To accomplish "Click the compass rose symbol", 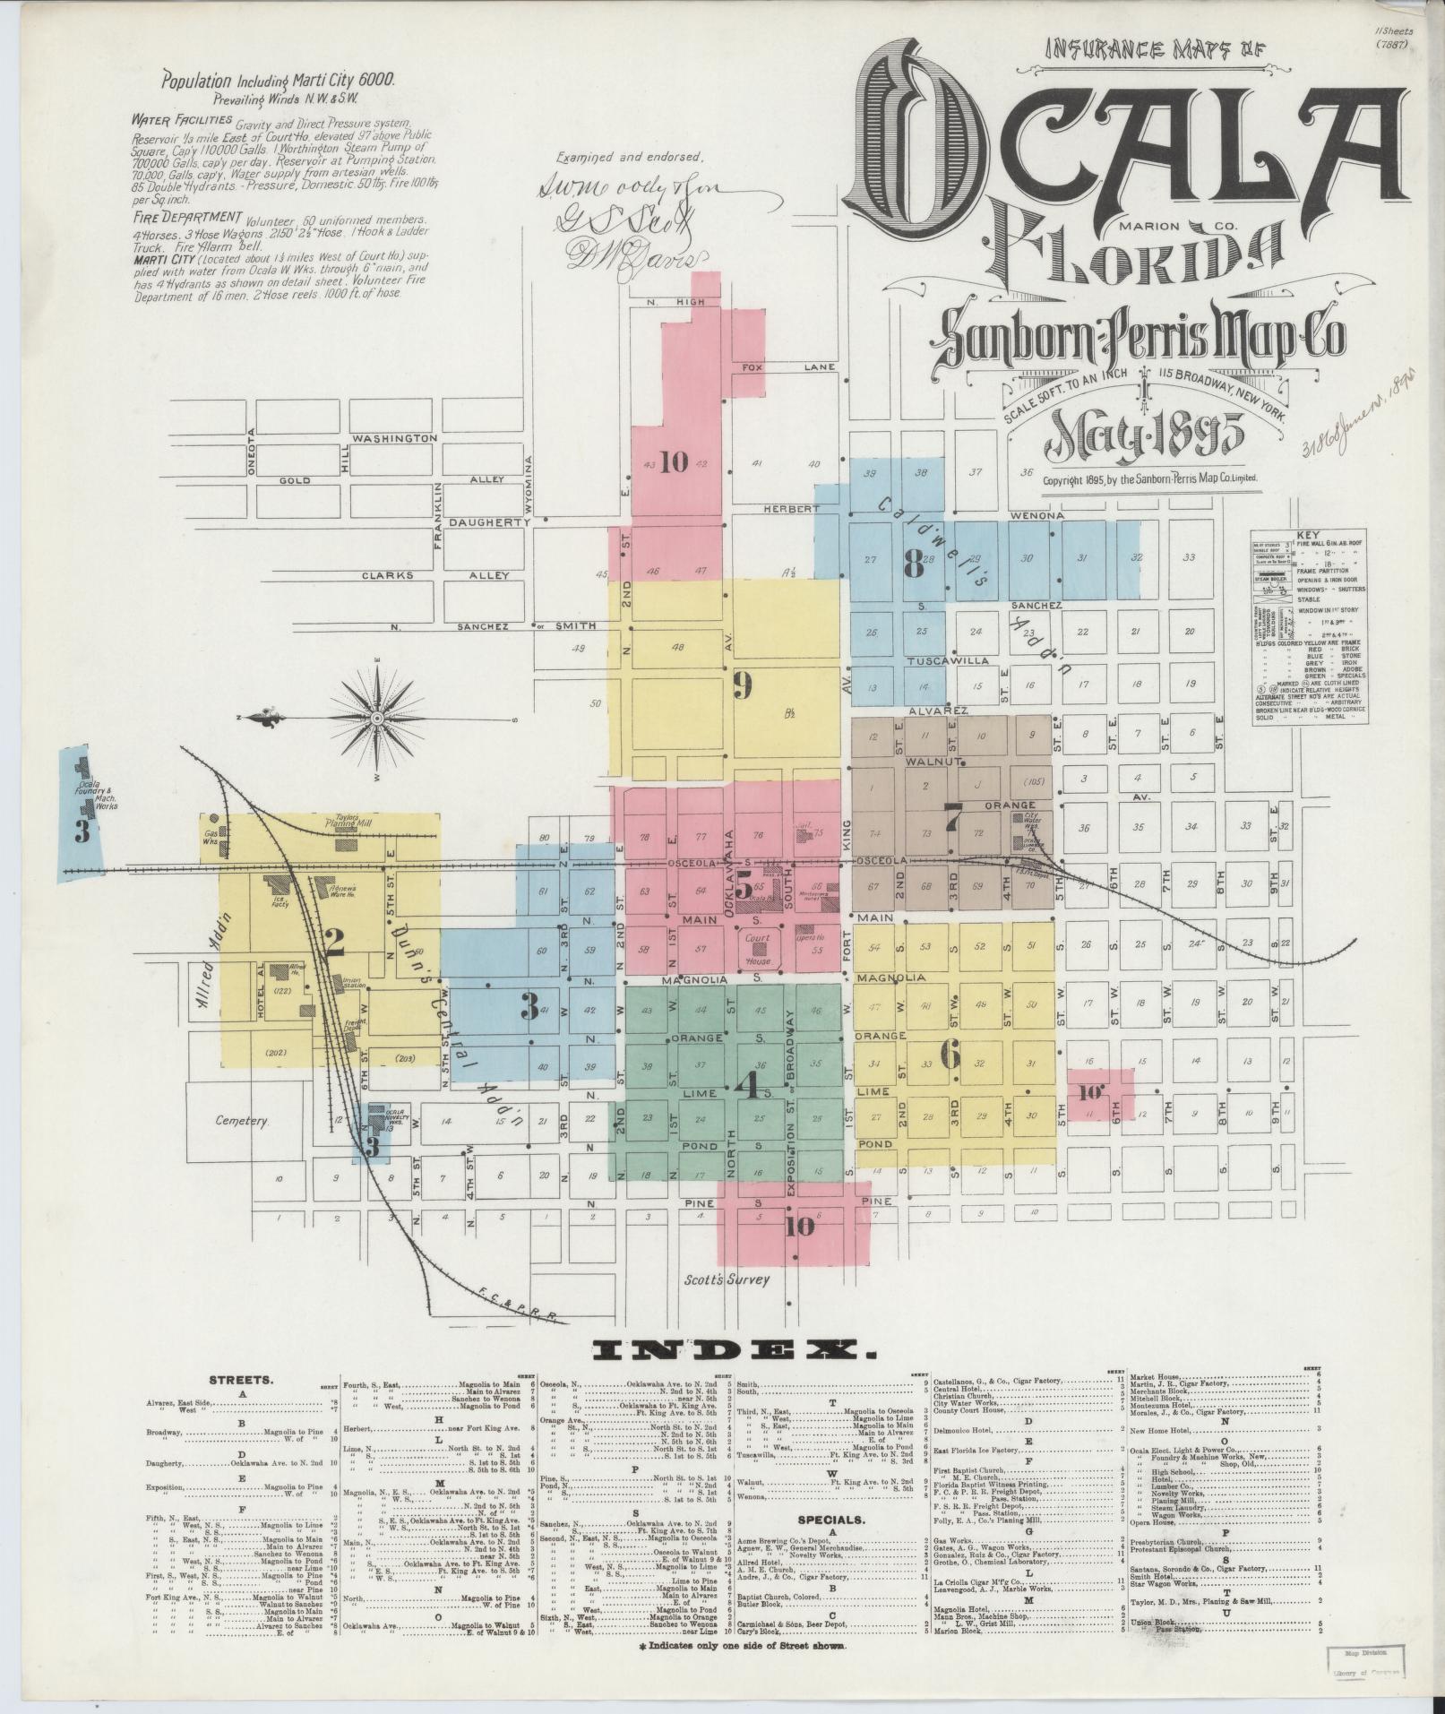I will (377, 718).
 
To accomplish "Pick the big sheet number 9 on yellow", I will (742, 685).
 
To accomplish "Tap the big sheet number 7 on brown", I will (953, 815).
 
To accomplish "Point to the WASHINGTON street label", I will (394, 438).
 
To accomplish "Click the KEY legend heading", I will (1308, 534).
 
